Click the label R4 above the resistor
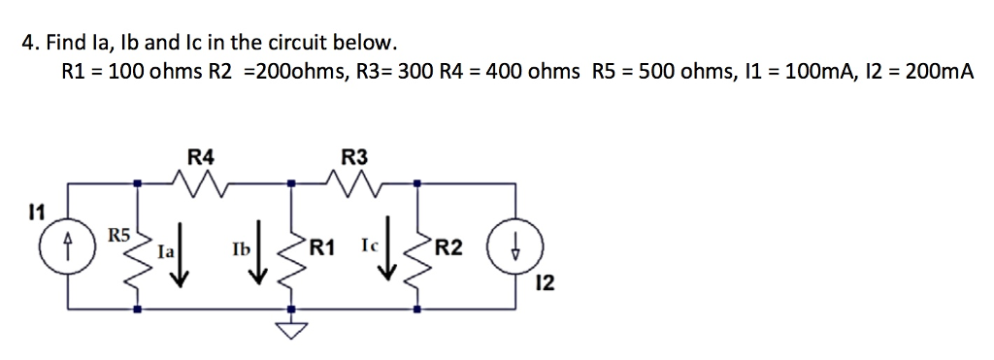pos(201,154)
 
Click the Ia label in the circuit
pos(166,250)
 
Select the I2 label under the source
pos(547,283)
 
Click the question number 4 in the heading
pos(29,44)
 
